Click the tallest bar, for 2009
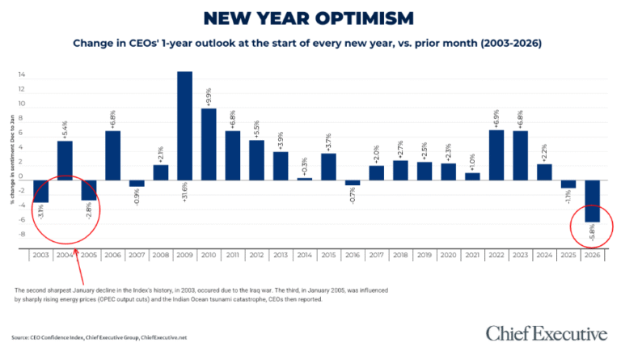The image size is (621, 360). [184, 125]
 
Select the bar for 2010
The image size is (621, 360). [208, 144]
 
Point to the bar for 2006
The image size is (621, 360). [113, 155]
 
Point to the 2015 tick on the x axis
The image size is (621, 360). [327, 254]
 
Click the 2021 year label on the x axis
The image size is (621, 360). [471, 254]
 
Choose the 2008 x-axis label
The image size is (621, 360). [160, 254]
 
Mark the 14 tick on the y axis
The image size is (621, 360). [22, 75]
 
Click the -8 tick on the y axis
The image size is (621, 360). [22, 235]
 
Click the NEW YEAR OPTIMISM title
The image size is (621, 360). [310, 18]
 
